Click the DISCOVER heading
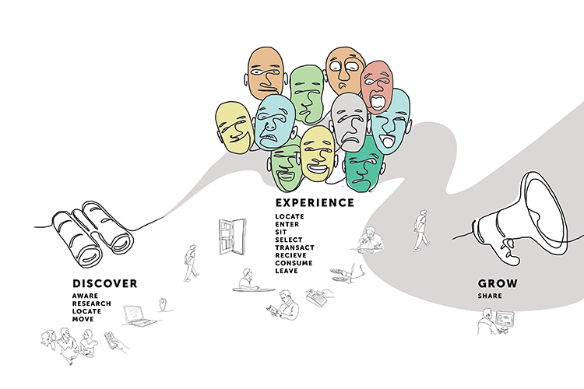point(105,283)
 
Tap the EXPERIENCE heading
point(315,202)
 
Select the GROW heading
point(498,283)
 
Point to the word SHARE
point(490,296)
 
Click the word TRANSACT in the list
point(294,247)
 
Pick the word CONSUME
point(294,263)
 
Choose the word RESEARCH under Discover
point(92,303)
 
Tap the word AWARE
point(86,296)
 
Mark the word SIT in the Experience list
point(281,232)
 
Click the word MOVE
point(83,319)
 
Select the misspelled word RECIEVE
point(291,255)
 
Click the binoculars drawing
point(93,233)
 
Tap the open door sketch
point(232,237)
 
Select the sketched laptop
point(139,317)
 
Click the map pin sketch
point(163,304)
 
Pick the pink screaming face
point(377,87)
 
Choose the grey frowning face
point(349,122)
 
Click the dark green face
point(364,165)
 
